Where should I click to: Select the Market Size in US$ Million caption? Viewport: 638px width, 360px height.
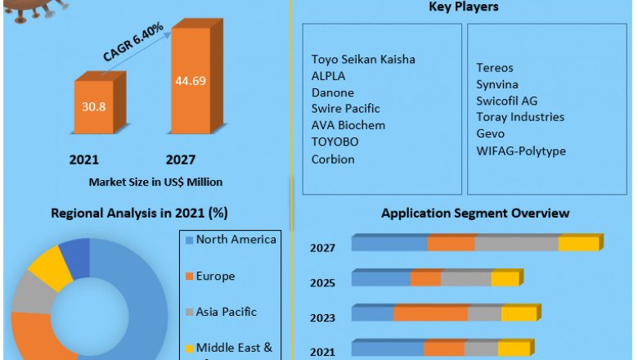point(155,181)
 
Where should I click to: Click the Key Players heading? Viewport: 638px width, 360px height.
point(464,7)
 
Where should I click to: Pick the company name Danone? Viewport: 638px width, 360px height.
point(334,92)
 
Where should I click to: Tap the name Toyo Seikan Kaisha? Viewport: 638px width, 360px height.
point(363,59)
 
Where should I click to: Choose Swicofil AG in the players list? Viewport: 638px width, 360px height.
point(507,101)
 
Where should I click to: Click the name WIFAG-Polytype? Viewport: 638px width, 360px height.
point(521,151)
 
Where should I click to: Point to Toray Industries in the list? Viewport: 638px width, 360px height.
point(520,117)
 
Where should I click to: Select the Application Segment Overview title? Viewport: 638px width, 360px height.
point(475,214)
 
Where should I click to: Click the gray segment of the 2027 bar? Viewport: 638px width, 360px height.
point(516,244)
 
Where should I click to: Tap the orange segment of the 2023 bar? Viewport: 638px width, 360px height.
point(430,313)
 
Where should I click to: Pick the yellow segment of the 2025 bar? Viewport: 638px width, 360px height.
point(505,279)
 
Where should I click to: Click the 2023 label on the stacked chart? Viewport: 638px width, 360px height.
point(321,318)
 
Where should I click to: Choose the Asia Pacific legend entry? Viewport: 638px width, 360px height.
point(226,312)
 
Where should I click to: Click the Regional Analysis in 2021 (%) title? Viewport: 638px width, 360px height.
point(139,214)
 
